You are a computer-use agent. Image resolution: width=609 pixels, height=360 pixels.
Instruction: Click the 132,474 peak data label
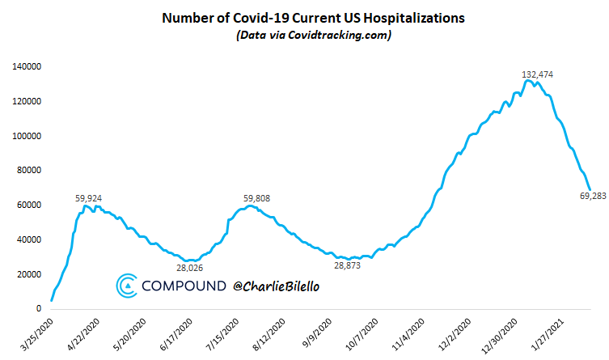coord(536,74)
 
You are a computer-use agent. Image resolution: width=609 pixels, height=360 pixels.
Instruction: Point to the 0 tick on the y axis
coord(38,309)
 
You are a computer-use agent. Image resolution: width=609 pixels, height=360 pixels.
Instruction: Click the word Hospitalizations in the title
coord(396,16)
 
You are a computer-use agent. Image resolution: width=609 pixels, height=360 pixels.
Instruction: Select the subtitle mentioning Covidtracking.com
coord(305,36)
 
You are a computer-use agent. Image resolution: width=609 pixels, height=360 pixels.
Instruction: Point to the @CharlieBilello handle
coord(275,286)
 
